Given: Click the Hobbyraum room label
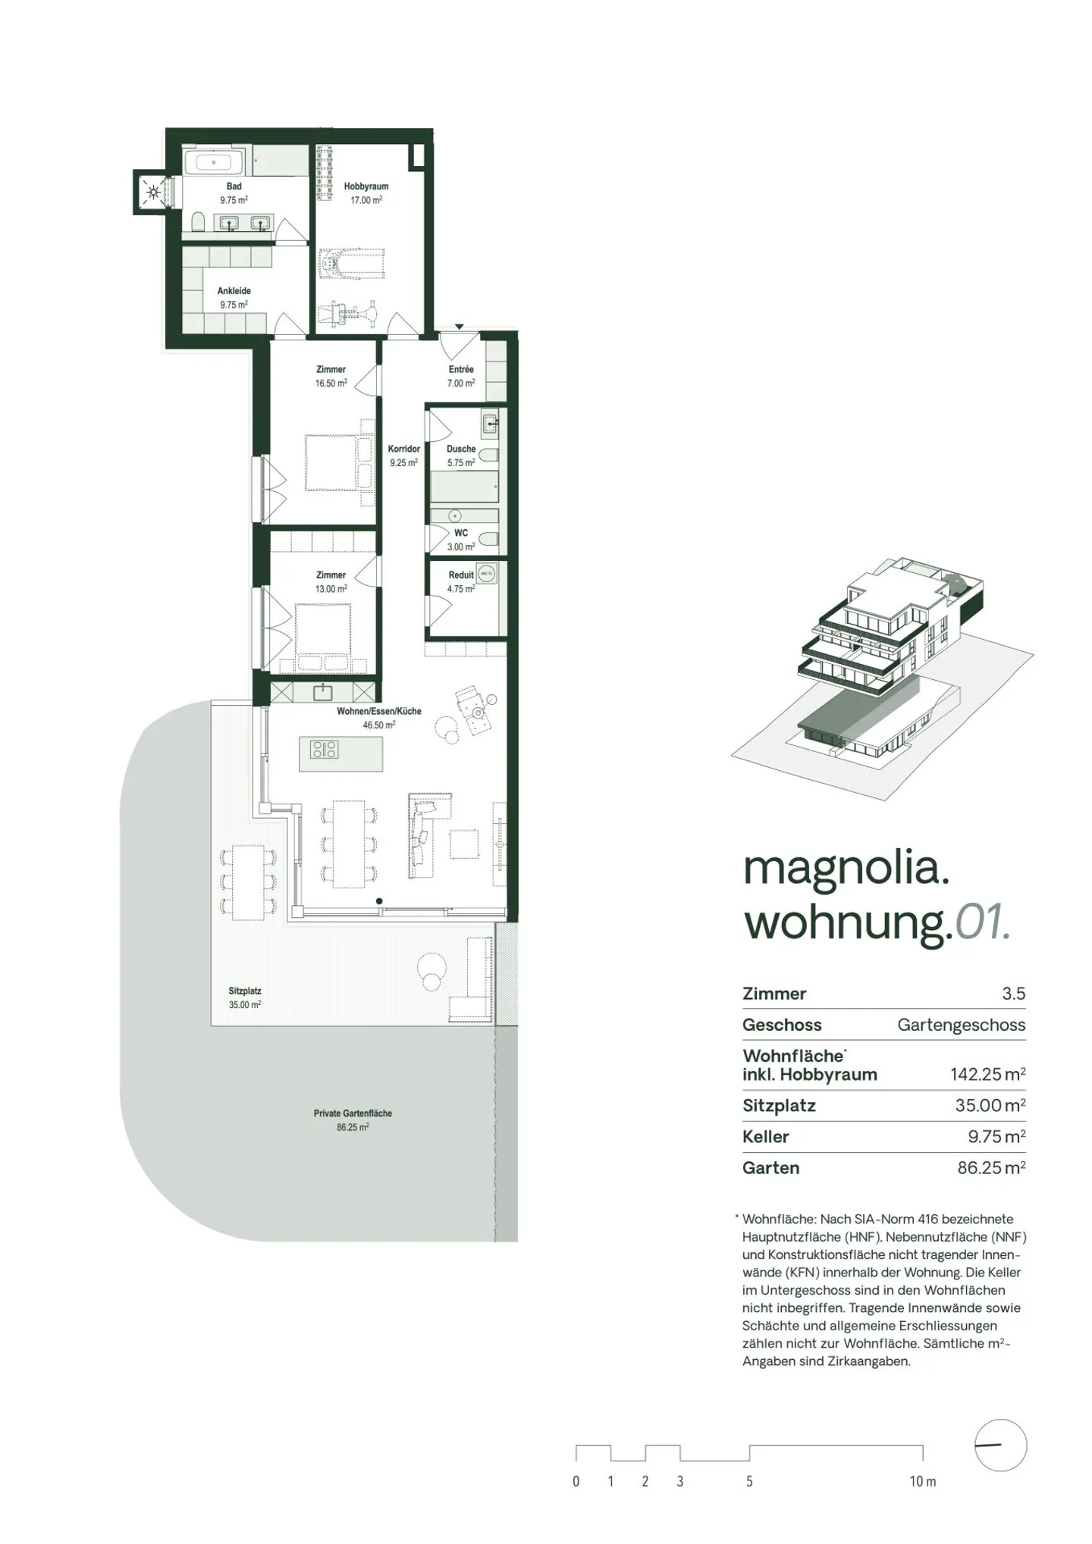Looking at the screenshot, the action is click(366, 186).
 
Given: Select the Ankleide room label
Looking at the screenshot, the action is click(234, 291).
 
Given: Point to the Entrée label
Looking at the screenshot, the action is click(460, 370).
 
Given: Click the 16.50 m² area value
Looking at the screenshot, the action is click(331, 384).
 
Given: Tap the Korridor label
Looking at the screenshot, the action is click(403, 449).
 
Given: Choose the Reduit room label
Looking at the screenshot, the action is click(460, 575).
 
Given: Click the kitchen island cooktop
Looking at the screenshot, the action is click(324, 750).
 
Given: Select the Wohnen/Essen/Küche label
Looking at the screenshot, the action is click(379, 712).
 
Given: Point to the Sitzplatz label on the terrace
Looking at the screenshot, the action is click(245, 991).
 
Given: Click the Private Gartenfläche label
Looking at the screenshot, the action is click(353, 1113).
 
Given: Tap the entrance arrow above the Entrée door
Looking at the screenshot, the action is click(459, 327).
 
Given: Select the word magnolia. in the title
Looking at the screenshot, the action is click(846, 869).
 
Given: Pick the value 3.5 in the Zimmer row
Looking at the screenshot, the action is click(1013, 994).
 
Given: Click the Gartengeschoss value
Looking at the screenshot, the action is click(961, 1026).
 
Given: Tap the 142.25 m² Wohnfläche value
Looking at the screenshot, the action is click(987, 1074).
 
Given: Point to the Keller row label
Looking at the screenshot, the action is click(766, 1137).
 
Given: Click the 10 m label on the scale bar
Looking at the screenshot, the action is click(923, 1482).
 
